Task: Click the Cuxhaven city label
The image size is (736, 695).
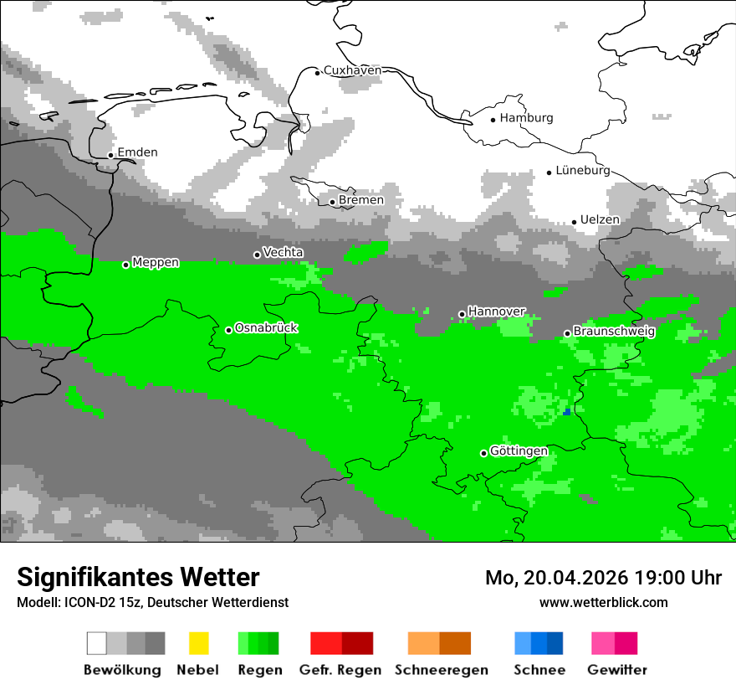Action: [352, 70]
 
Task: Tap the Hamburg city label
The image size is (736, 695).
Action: [526, 118]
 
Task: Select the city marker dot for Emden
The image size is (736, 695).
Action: [110, 155]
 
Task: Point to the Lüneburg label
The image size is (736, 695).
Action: [582, 170]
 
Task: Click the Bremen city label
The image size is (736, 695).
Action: [360, 200]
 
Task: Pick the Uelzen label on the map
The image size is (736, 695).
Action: [600, 219]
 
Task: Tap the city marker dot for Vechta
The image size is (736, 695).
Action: [257, 255]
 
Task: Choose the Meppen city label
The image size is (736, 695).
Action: [156, 262]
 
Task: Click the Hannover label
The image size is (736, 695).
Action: [496, 311]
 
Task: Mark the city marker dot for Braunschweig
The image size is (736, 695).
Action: [567, 333]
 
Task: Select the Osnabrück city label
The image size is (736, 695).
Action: [266, 328]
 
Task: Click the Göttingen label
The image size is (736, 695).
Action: [519, 451]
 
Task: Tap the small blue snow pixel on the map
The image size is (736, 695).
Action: [567, 411]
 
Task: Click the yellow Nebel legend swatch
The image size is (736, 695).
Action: [198, 643]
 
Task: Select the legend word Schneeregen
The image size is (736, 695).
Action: [441, 670]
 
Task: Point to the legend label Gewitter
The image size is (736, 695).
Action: [616, 670]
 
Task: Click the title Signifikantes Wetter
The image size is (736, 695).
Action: [138, 577]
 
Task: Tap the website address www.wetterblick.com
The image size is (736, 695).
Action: [603, 602]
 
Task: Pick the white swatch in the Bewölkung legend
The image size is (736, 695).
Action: [97, 643]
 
